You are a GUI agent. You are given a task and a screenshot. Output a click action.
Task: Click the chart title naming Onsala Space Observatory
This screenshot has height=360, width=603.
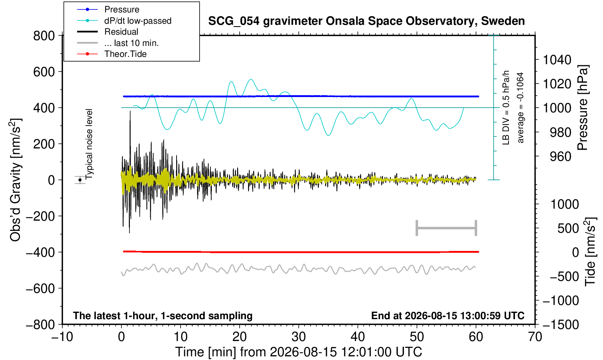[x=366, y=21]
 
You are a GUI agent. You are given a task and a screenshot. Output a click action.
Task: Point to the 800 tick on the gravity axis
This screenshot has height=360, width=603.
[x=44, y=36]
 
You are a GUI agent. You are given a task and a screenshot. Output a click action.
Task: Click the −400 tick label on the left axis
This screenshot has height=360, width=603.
[x=40, y=252]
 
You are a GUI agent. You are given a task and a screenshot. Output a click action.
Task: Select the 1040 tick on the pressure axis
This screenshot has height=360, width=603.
[x=557, y=60]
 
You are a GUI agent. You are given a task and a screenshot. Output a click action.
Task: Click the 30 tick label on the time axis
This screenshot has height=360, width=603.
[x=298, y=337]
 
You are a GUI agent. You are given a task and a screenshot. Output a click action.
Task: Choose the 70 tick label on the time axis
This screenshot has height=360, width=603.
[x=535, y=337]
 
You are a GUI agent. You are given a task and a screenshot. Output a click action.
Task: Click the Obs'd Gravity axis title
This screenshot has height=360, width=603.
[x=15, y=180]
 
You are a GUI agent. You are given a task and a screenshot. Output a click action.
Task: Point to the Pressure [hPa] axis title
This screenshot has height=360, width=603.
[x=583, y=108]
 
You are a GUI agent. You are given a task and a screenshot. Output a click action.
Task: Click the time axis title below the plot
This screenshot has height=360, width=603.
[x=298, y=352]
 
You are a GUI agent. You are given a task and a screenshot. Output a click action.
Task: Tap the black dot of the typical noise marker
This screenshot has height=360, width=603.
[x=80, y=180]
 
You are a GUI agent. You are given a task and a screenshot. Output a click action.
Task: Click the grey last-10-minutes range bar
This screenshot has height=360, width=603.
[x=447, y=228]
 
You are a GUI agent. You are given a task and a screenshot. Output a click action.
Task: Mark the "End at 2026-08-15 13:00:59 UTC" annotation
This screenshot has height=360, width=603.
[x=448, y=316]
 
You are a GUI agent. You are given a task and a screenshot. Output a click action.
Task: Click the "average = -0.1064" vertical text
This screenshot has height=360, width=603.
[x=521, y=108]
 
